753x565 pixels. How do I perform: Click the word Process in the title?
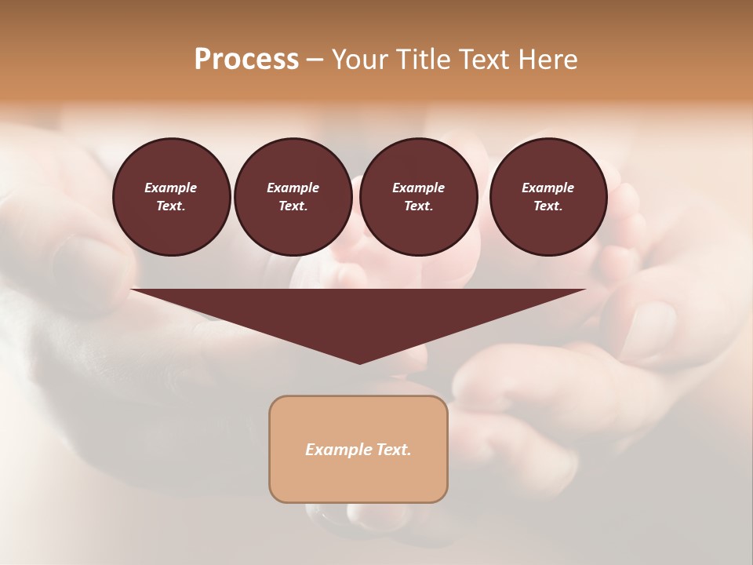246,60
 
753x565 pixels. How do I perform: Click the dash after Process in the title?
315,60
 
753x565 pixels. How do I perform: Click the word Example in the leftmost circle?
171,188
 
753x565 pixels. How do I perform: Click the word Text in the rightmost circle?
547,206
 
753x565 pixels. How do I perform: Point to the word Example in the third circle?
418,188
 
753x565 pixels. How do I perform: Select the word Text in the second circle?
293,206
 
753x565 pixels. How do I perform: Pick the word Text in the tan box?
395,450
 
